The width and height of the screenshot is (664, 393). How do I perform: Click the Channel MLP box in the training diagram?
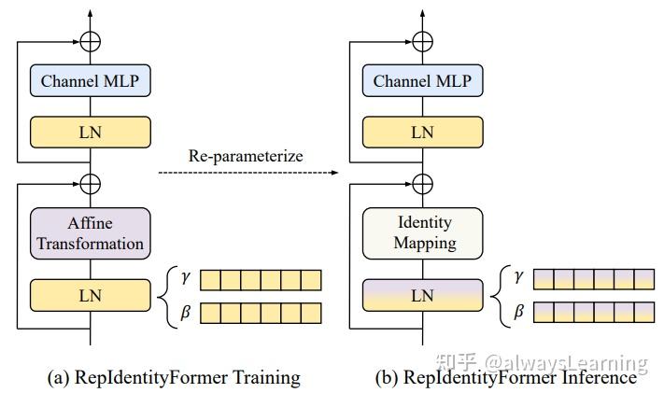click(90, 81)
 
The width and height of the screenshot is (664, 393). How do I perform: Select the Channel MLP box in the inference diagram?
click(423, 81)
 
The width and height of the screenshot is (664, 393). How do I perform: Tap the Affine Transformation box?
click(90, 233)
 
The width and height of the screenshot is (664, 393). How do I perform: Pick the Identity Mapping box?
click(423, 233)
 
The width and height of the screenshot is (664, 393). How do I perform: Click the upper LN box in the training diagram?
click(90, 133)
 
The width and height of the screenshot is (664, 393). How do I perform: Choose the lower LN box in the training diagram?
click(90, 294)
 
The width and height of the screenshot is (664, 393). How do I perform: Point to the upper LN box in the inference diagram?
click(423, 133)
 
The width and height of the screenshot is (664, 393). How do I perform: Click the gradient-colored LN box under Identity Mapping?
click(423, 294)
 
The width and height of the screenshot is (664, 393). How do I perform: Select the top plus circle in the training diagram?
click(91, 41)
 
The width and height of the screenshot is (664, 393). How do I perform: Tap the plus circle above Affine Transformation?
click(91, 183)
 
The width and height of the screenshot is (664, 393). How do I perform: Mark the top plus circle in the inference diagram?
click(423, 41)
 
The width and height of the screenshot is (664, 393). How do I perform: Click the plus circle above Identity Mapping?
click(423, 183)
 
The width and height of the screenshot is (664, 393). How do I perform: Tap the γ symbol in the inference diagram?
click(518, 278)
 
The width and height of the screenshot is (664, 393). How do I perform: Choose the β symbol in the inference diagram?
click(518, 312)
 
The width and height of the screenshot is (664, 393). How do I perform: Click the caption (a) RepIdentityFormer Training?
click(174, 377)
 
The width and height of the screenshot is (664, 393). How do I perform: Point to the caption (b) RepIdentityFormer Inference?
click(504, 377)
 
